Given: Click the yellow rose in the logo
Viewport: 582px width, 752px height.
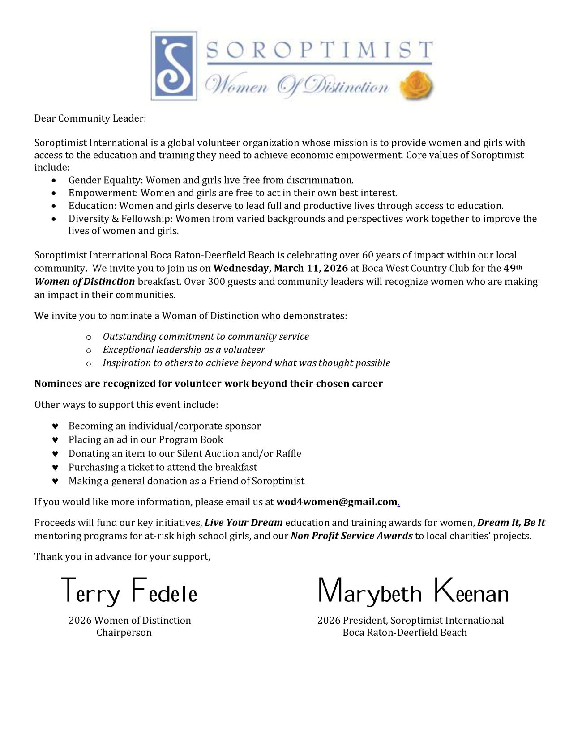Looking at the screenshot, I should coord(416,85).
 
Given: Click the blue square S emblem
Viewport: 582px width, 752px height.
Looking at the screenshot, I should coord(174,65).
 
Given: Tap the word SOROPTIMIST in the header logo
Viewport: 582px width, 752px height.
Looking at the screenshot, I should coord(319,50).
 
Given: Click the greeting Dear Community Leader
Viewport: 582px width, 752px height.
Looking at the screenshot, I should coord(90,118).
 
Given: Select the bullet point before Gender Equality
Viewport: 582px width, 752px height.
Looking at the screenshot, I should coord(54,181).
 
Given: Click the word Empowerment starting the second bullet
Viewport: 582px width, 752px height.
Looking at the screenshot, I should coord(103,193).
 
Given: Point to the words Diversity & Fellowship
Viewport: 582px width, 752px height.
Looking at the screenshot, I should coord(120,219).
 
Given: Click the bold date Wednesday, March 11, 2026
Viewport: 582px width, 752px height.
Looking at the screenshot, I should coord(280,268).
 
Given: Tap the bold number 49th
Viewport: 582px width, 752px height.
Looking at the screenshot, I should coord(513,268).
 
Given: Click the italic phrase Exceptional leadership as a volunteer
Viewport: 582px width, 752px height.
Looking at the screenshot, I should coord(184,350).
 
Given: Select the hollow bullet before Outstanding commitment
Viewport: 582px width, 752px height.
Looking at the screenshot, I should coord(89,337).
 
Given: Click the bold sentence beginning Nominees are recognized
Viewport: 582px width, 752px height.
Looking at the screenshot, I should coord(208,384).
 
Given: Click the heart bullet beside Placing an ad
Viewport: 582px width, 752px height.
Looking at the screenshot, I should coord(55,440).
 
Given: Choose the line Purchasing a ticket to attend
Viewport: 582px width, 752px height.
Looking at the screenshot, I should coord(163,467).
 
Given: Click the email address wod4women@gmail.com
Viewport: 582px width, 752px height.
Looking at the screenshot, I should coord(337,502).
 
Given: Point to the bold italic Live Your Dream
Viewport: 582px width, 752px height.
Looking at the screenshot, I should coord(244,523).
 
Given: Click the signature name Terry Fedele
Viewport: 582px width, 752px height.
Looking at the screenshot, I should coord(129,591).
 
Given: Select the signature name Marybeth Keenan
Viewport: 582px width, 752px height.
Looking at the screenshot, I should coord(413,591).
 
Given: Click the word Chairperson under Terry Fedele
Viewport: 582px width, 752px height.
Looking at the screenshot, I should coord(124,633).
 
